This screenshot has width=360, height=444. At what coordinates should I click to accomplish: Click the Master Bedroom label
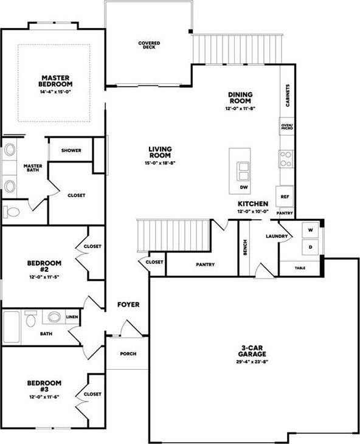tap(55, 80)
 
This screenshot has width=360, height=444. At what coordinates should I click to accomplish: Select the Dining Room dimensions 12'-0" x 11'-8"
tap(240, 108)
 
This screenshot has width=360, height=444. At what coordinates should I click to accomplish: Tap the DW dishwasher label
tap(243, 188)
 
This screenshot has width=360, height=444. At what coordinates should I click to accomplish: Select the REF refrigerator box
tap(285, 196)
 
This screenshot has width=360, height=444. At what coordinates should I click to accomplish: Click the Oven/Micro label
tap(286, 127)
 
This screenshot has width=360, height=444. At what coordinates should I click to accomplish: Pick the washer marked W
tap(310, 231)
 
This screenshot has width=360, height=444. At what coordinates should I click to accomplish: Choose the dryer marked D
tap(310, 248)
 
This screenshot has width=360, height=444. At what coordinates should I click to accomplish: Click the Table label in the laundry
tap(300, 268)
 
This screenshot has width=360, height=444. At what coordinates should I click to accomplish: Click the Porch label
tap(128, 354)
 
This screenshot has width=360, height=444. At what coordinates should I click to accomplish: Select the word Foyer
tap(128, 304)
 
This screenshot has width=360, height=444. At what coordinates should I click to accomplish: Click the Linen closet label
tap(72, 317)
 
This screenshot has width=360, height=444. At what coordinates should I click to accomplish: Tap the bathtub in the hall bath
tap(13, 327)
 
